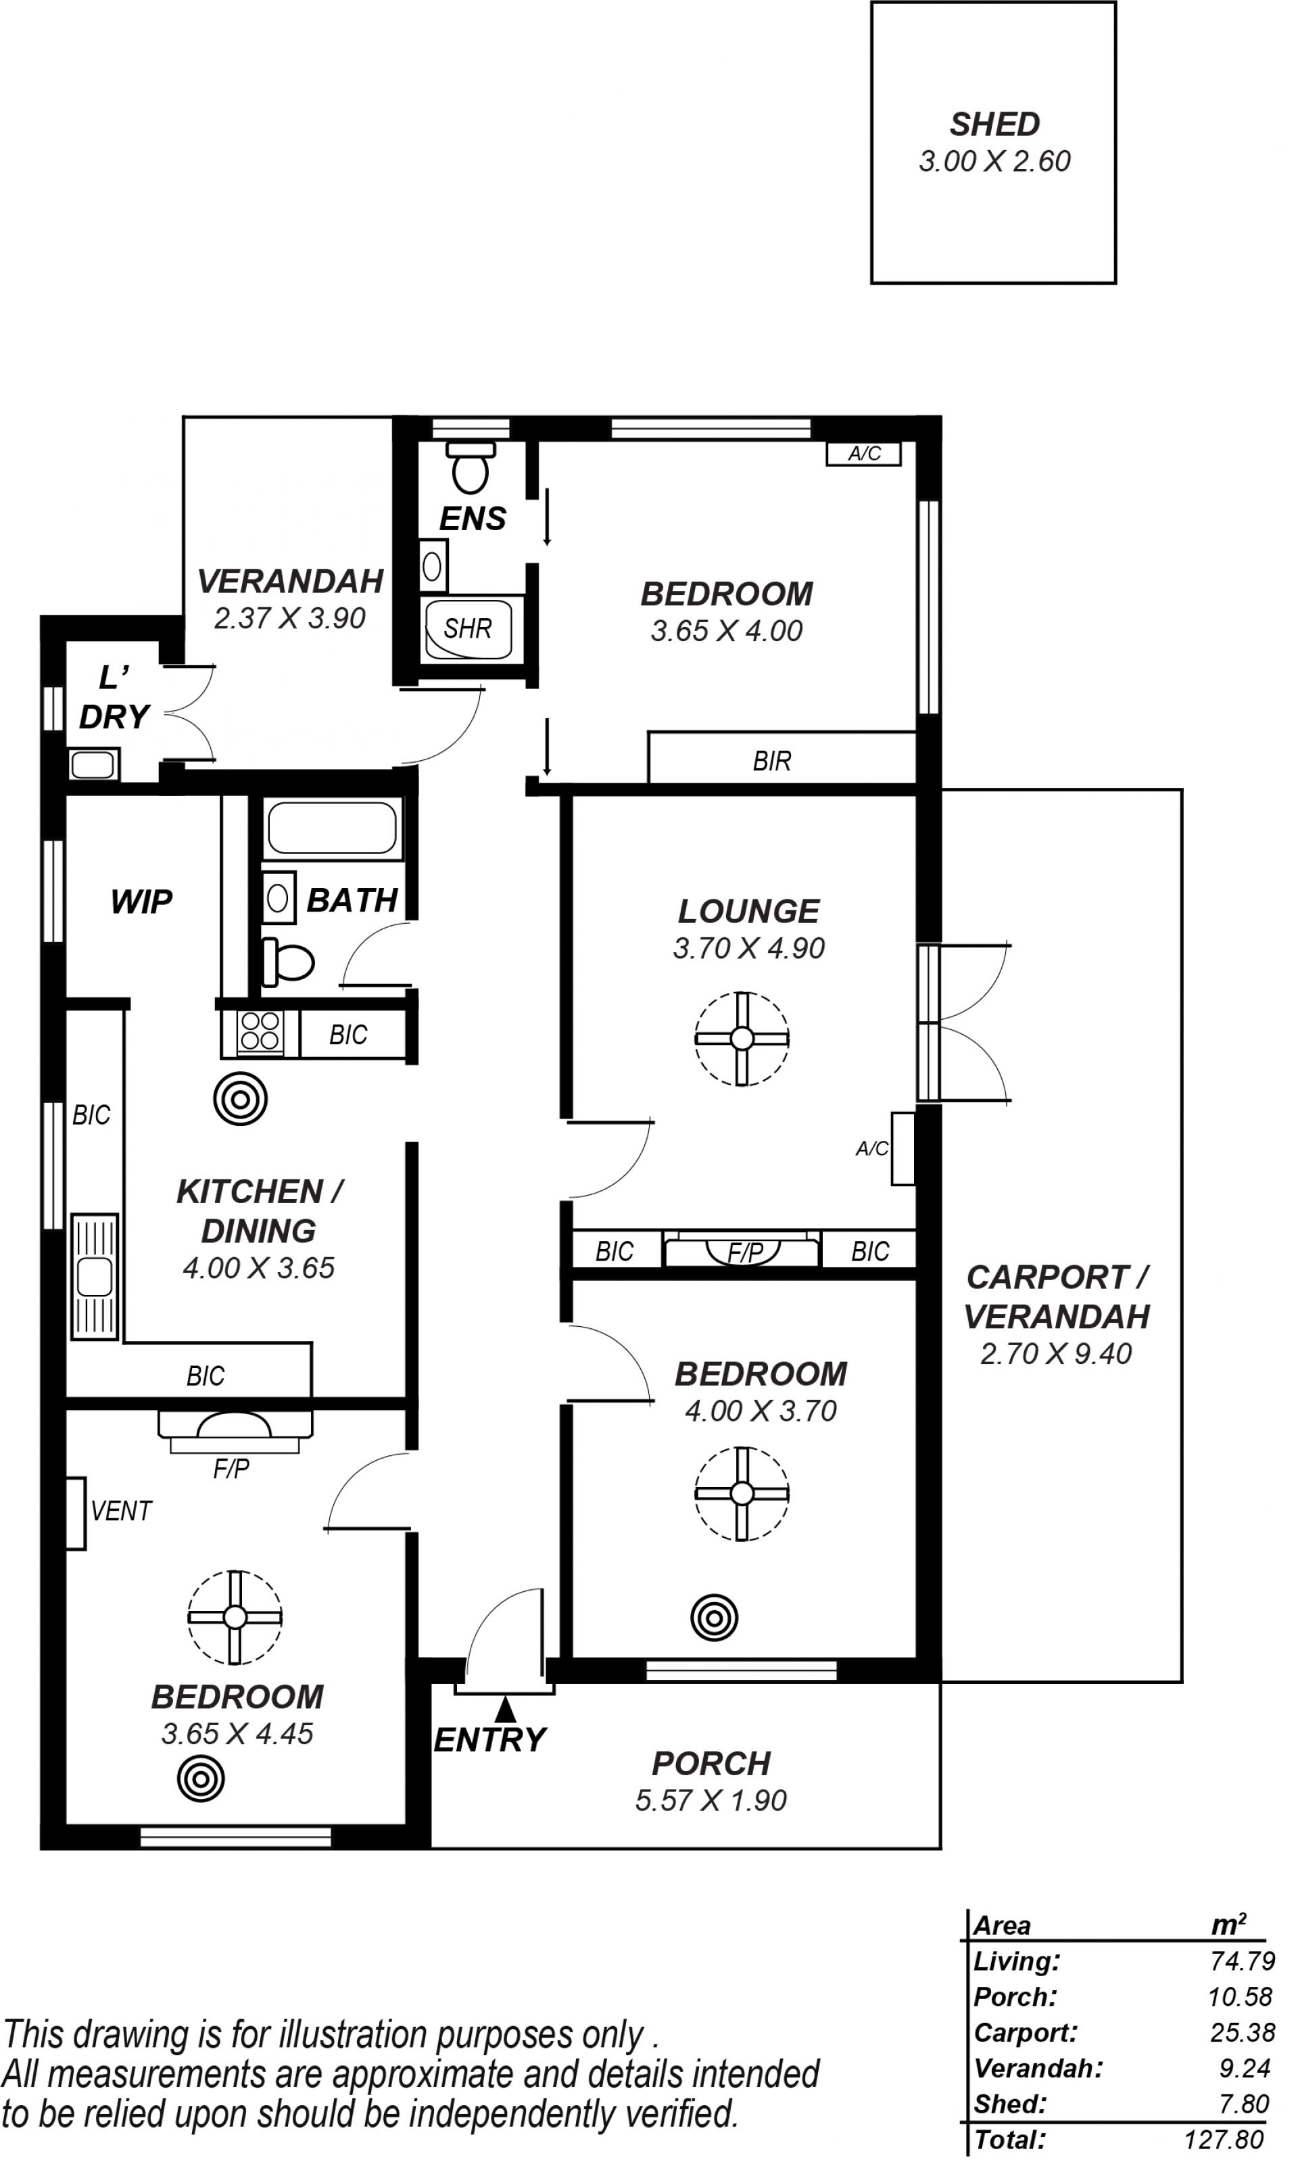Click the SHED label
[994, 124]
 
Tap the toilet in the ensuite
[471, 467]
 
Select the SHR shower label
[467, 628]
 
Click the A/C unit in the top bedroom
[863, 453]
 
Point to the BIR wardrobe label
[771, 761]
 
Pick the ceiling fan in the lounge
[742, 1039]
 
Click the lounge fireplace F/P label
[745, 1252]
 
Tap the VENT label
[122, 1511]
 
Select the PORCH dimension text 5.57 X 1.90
[711, 1800]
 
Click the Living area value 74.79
[1242, 1961]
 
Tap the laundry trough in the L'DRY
[93, 765]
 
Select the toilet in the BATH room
[288, 962]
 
